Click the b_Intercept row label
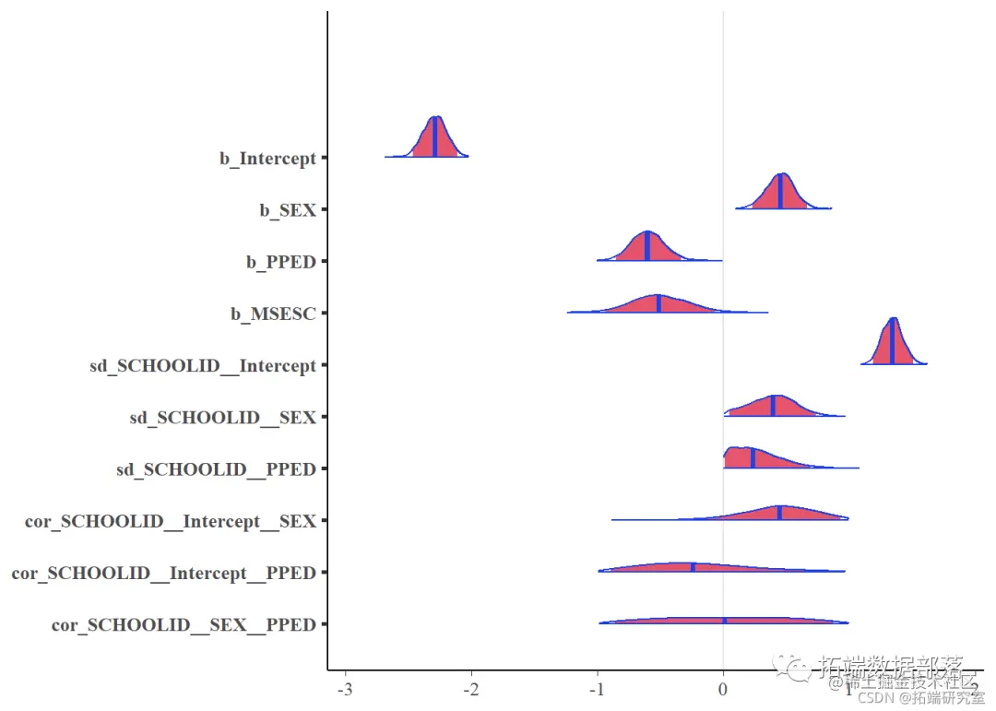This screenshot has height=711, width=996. click(267, 159)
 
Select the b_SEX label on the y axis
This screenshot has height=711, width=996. click(288, 210)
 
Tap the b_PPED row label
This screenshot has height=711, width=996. click(281, 262)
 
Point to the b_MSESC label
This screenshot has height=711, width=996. click(273, 314)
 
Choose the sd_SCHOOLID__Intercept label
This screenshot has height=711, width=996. click(203, 366)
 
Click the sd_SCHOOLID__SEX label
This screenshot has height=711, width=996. click(223, 418)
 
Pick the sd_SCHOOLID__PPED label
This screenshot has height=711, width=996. click(216, 469)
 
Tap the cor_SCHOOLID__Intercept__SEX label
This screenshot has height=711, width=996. click(171, 522)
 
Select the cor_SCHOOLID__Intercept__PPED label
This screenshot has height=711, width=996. click(163, 574)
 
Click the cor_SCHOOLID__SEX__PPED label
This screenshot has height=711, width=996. click(184, 625)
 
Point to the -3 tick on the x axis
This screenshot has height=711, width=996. click(345, 689)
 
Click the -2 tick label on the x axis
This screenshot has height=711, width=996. click(471, 689)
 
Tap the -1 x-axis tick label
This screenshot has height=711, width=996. click(597, 689)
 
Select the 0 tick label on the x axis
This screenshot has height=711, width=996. click(723, 689)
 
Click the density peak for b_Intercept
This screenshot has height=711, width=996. click(435, 120)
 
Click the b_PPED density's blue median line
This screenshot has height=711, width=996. click(647, 247)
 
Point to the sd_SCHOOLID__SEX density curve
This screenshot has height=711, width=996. click(773, 407)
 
